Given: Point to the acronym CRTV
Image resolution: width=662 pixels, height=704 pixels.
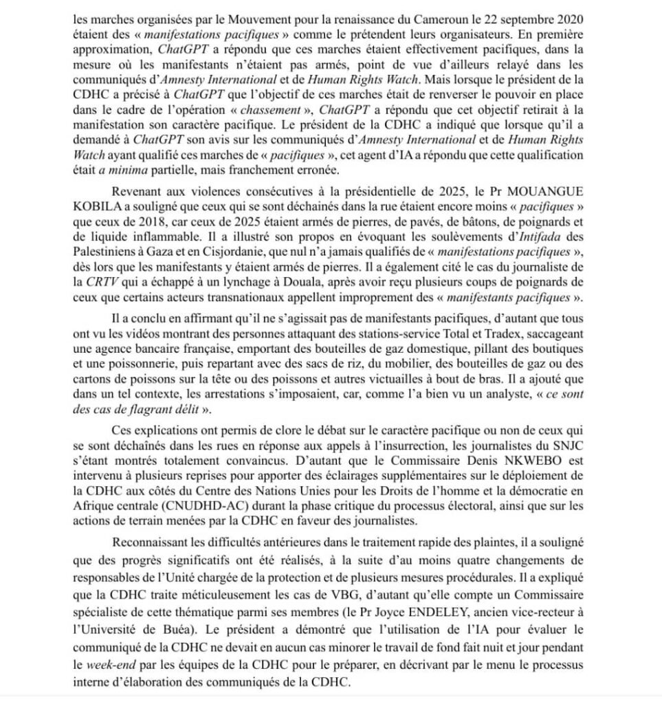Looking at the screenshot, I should pos(104,282).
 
